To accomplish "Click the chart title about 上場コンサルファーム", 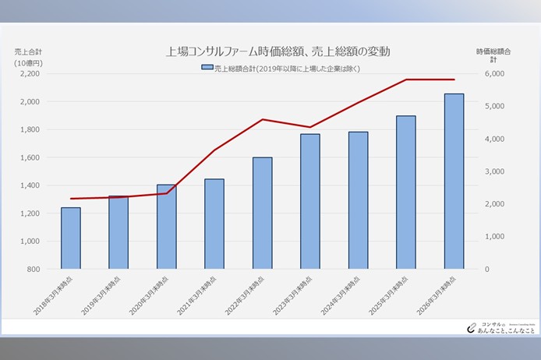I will tap(278, 51).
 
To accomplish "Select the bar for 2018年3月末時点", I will tap(71, 238).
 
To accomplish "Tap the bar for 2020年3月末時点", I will tap(166, 227).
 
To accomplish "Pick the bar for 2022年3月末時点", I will tap(262, 213).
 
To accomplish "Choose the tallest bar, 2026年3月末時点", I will tap(454, 181).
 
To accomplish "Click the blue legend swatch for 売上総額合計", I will tap(207, 68).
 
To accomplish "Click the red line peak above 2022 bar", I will tap(262, 119).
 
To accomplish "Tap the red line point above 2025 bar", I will tap(406, 79).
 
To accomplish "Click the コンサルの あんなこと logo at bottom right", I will tap(499, 327).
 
